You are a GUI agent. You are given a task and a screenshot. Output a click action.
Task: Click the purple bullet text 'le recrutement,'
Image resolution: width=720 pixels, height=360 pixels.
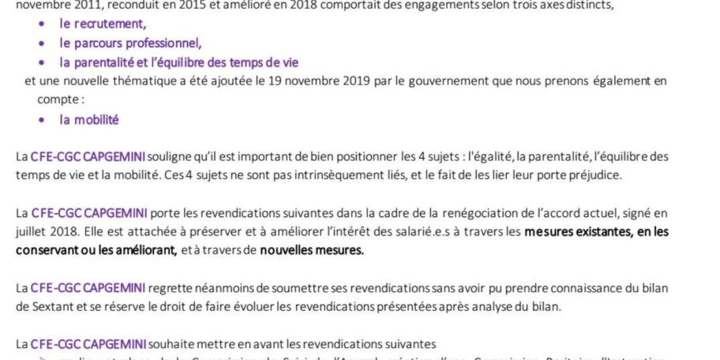(103, 24)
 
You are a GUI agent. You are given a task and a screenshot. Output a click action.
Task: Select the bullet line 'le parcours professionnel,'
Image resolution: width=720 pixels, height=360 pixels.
(130, 43)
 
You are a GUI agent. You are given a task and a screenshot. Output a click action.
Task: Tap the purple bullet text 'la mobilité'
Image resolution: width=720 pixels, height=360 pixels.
(89, 120)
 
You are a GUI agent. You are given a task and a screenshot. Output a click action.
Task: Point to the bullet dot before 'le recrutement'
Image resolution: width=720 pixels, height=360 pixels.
(42, 24)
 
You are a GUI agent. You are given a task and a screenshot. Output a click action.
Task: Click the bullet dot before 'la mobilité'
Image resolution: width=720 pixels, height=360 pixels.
(42, 120)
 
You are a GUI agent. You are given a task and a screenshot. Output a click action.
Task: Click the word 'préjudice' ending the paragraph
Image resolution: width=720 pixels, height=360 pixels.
(595, 175)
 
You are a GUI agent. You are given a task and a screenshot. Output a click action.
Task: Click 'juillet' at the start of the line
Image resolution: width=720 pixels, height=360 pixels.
(32, 232)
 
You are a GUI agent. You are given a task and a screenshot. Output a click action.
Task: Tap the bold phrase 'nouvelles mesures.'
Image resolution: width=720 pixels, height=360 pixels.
(312, 251)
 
